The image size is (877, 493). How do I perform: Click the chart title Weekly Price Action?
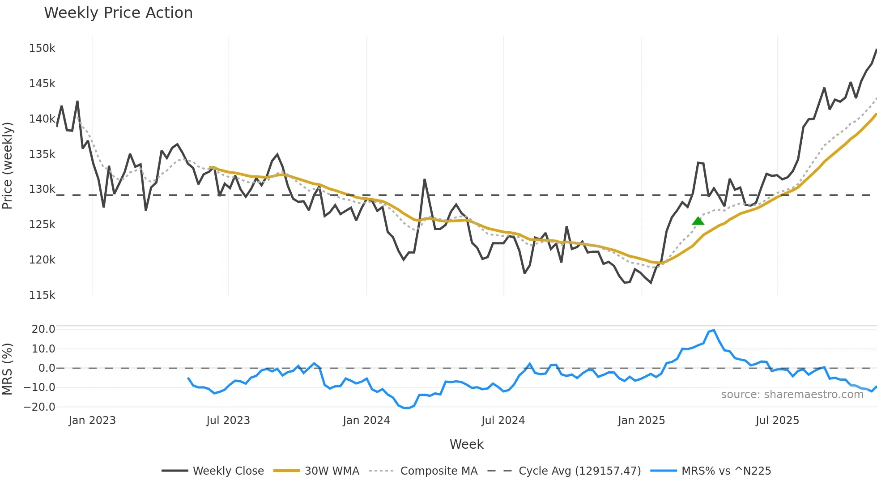(x=118, y=13)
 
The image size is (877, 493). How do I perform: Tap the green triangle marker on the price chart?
(x=698, y=221)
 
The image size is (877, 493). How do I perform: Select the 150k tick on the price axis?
(x=42, y=48)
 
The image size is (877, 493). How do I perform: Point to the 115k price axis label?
(x=42, y=295)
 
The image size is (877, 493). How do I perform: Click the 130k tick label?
(x=42, y=189)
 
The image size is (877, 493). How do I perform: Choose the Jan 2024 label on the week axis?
(x=366, y=421)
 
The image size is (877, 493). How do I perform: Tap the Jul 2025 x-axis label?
(x=777, y=421)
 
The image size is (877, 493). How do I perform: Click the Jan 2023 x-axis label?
(x=92, y=421)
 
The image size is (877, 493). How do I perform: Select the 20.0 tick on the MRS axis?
(x=43, y=329)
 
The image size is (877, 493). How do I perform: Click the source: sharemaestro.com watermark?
(x=792, y=395)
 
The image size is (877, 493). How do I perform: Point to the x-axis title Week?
(x=466, y=444)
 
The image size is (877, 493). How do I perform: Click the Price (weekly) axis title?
(x=8, y=166)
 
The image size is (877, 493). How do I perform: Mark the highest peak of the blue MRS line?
(x=714, y=330)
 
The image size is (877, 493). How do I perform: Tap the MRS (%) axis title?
(x=8, y=369)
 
